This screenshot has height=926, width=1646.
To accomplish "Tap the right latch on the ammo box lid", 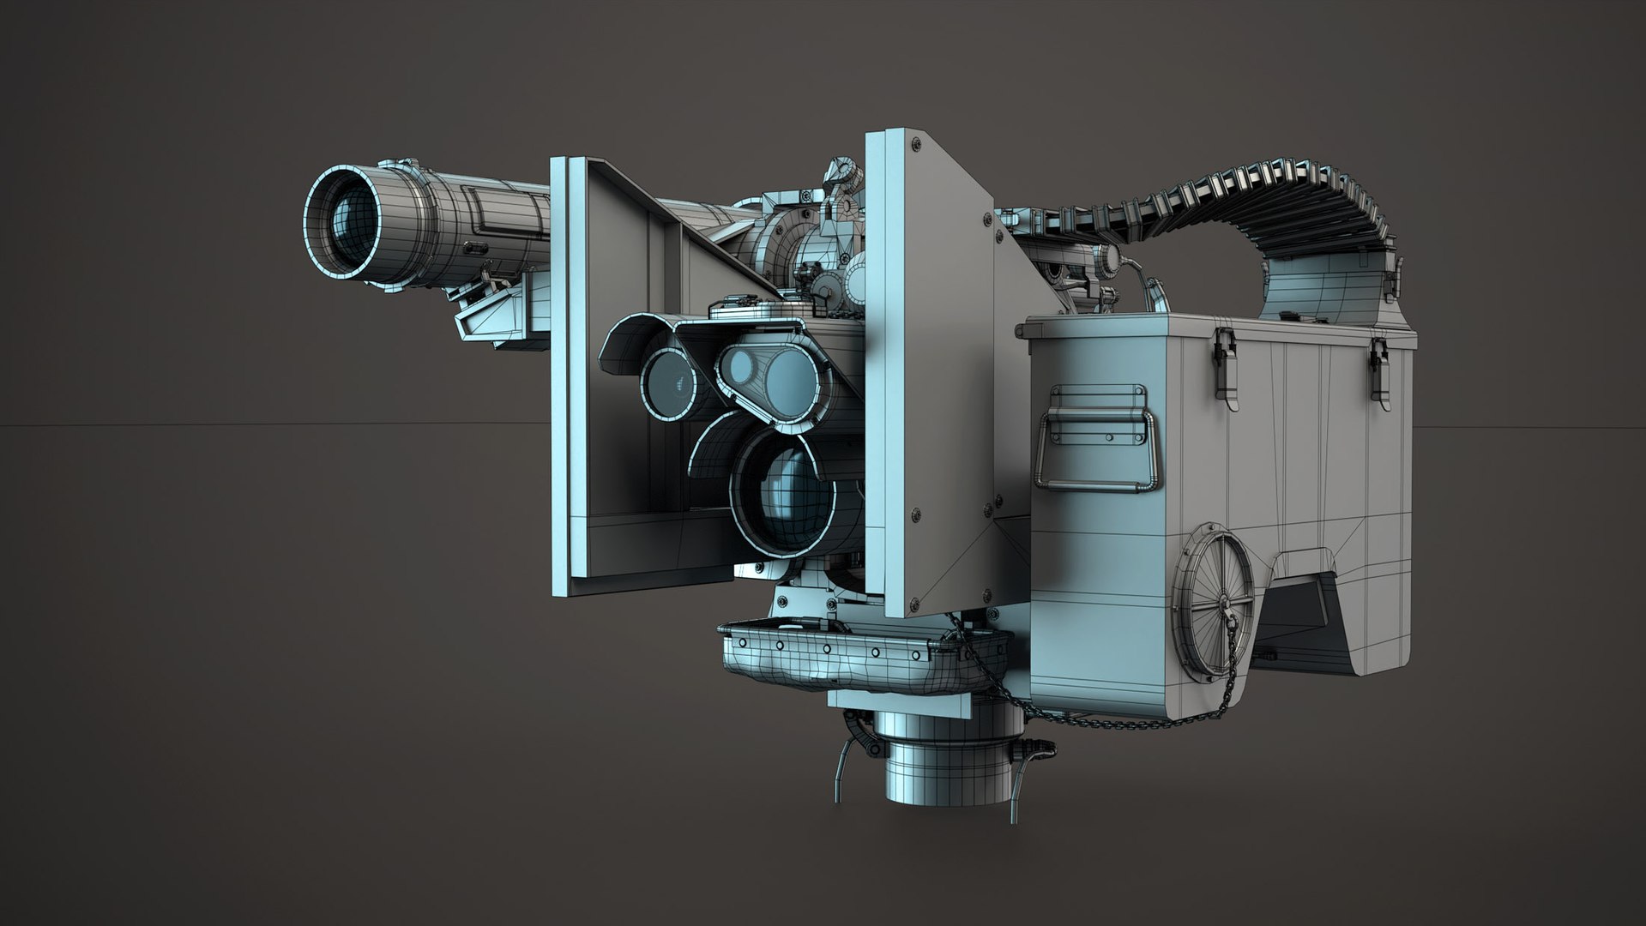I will [x=1378, y=360].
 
